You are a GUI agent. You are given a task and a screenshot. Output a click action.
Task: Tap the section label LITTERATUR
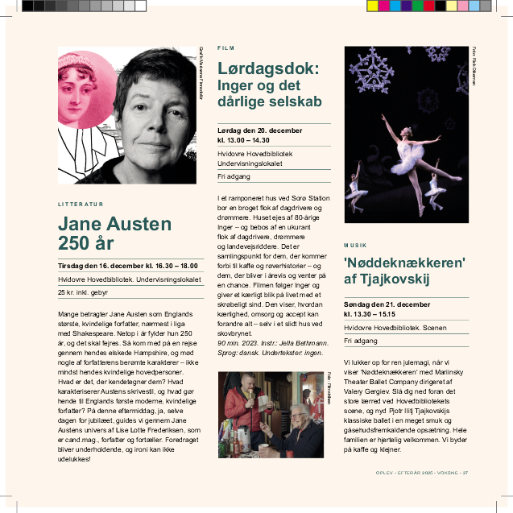coord(81,205)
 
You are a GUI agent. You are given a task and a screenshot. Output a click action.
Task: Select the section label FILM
coord(225,48)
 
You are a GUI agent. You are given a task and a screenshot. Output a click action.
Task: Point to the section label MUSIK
coord(354,245)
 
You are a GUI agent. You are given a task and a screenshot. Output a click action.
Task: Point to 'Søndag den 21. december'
coord(387,304)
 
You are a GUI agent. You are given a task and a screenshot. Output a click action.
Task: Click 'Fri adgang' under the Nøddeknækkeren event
coord(360,341)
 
